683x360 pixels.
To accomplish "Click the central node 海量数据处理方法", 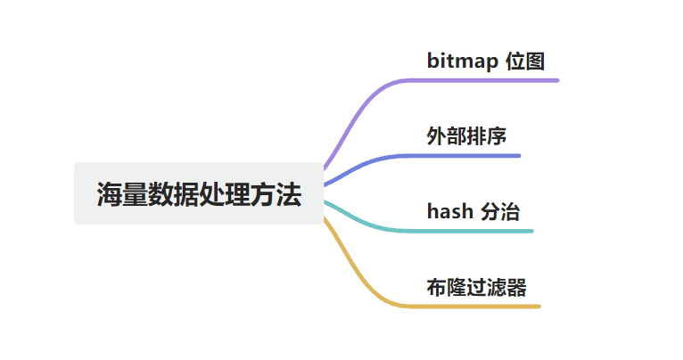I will pyautogui.click(x=199, y=193).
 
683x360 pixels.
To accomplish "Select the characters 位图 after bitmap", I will pyautogui.click(x=523, y=61).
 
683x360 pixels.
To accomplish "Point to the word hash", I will pyautogui.click(x=450, y=212).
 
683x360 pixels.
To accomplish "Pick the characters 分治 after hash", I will pyautogui.click(x=500, y=212).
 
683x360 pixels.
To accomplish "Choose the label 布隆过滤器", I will pyautogui.click(x=476, y=287).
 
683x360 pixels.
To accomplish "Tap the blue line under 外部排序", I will pyautogui.click(x=473, y=156).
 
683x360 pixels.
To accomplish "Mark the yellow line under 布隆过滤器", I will pyautogui.click(x=481, y=307).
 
